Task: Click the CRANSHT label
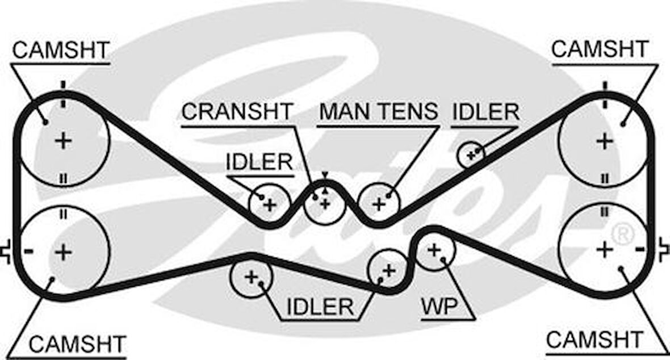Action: click(237, 111)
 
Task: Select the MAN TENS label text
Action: click(379, 111)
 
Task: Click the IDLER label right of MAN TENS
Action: click(485, 112)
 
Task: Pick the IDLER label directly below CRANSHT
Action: click(259, 162)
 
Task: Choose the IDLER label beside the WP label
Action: click(320, 307)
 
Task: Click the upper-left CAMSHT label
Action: click(61, 50)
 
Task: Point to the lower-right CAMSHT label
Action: click(594, 340)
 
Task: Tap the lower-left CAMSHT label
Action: click(77, 344)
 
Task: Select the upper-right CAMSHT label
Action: click(600, 49)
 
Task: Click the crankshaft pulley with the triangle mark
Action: click(325, 203)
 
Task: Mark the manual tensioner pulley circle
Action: click(379, 203)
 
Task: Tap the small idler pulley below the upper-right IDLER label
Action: click(471, 153)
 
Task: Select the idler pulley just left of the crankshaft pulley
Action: click(269, 203)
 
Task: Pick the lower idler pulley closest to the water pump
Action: click(388, 270)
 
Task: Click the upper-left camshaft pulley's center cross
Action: click(62, 140)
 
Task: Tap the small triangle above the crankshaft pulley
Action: click(325, 175)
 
